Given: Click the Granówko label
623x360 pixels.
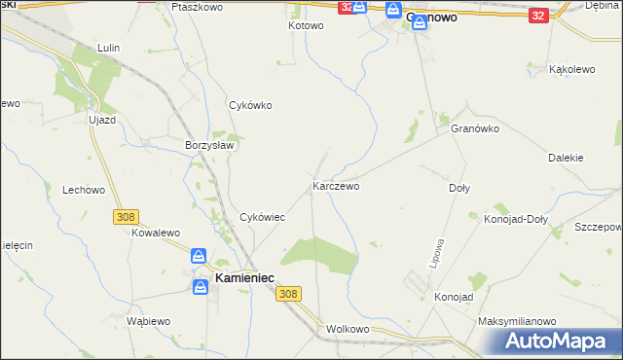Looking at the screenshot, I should coord(475,127).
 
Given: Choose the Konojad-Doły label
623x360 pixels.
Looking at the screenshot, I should coord(516,219).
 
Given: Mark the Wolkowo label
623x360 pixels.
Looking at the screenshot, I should coord(348,329).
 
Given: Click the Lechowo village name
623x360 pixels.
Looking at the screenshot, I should coord(83,191).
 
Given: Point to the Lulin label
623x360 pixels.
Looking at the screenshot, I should coord(108,47).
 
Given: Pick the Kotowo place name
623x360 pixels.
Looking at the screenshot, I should coord(306,25).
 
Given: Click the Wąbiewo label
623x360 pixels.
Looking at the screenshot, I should coord(149,320).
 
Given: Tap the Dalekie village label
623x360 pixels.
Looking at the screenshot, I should coord(566,157).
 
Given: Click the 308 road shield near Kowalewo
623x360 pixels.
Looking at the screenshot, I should coord(126,217).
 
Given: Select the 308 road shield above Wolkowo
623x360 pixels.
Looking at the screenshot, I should coord(287,293).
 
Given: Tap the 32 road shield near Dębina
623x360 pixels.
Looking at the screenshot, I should coord(539,16).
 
